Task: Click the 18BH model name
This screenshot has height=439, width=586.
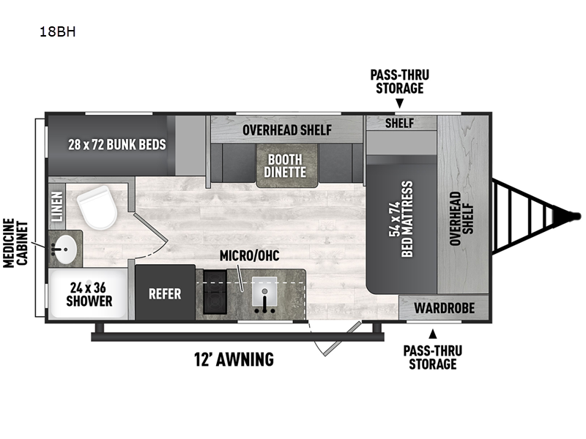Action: [x=58, y=32]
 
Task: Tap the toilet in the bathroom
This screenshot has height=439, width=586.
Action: [x=97, y=208]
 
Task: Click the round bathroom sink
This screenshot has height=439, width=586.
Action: [x=64, y=248]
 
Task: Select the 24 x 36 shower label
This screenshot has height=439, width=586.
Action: [x=89, y=295]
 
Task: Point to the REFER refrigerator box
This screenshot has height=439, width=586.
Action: [x=166, y=293]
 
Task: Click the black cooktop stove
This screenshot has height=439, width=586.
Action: [x=215, y=291]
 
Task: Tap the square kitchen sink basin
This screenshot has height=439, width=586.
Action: [x=264, y=290]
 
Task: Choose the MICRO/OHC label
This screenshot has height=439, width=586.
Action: [x=249, y=255]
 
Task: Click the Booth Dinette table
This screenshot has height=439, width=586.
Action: [x=286, y=165]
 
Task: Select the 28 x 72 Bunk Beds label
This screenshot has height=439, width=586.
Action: [x=117, y=144]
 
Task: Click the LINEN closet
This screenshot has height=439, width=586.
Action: [x=57, y=206]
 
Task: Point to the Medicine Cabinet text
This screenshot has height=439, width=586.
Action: [x=15, y=243]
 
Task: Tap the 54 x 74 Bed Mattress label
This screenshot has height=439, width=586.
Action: [x=401, y=219]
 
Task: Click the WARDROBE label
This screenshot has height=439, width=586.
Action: [x=445, y=308]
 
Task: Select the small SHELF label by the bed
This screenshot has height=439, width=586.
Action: [x=399, y=123]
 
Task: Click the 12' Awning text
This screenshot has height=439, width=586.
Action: [x=234, y=359]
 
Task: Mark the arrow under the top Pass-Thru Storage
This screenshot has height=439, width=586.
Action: [x=399, y=103]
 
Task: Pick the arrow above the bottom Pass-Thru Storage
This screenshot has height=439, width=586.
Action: [x=432, y=334]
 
